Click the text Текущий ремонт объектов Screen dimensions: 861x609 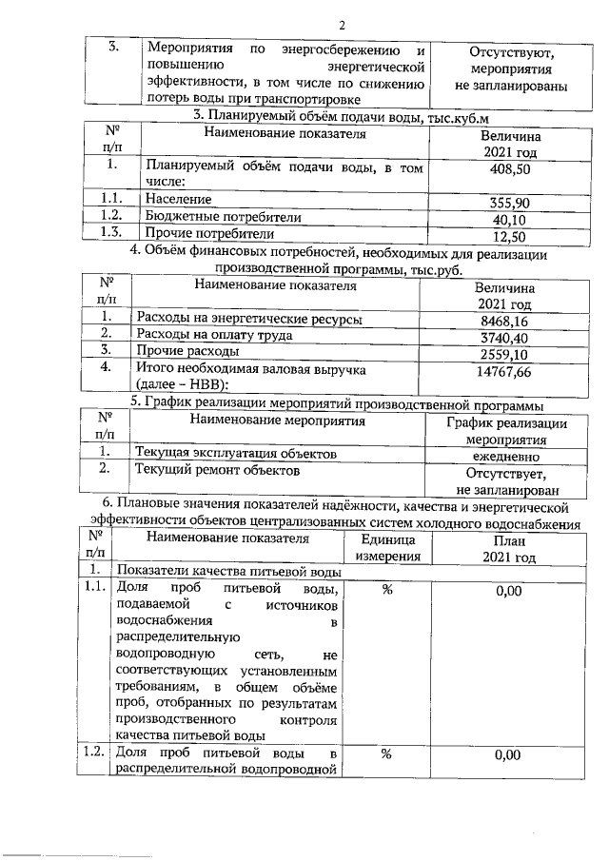tap(218, 470)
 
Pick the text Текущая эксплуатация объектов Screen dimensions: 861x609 tap(236, 454)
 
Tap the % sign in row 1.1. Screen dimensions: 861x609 tap(387, 591)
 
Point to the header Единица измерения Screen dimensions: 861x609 tap(387, 547)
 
